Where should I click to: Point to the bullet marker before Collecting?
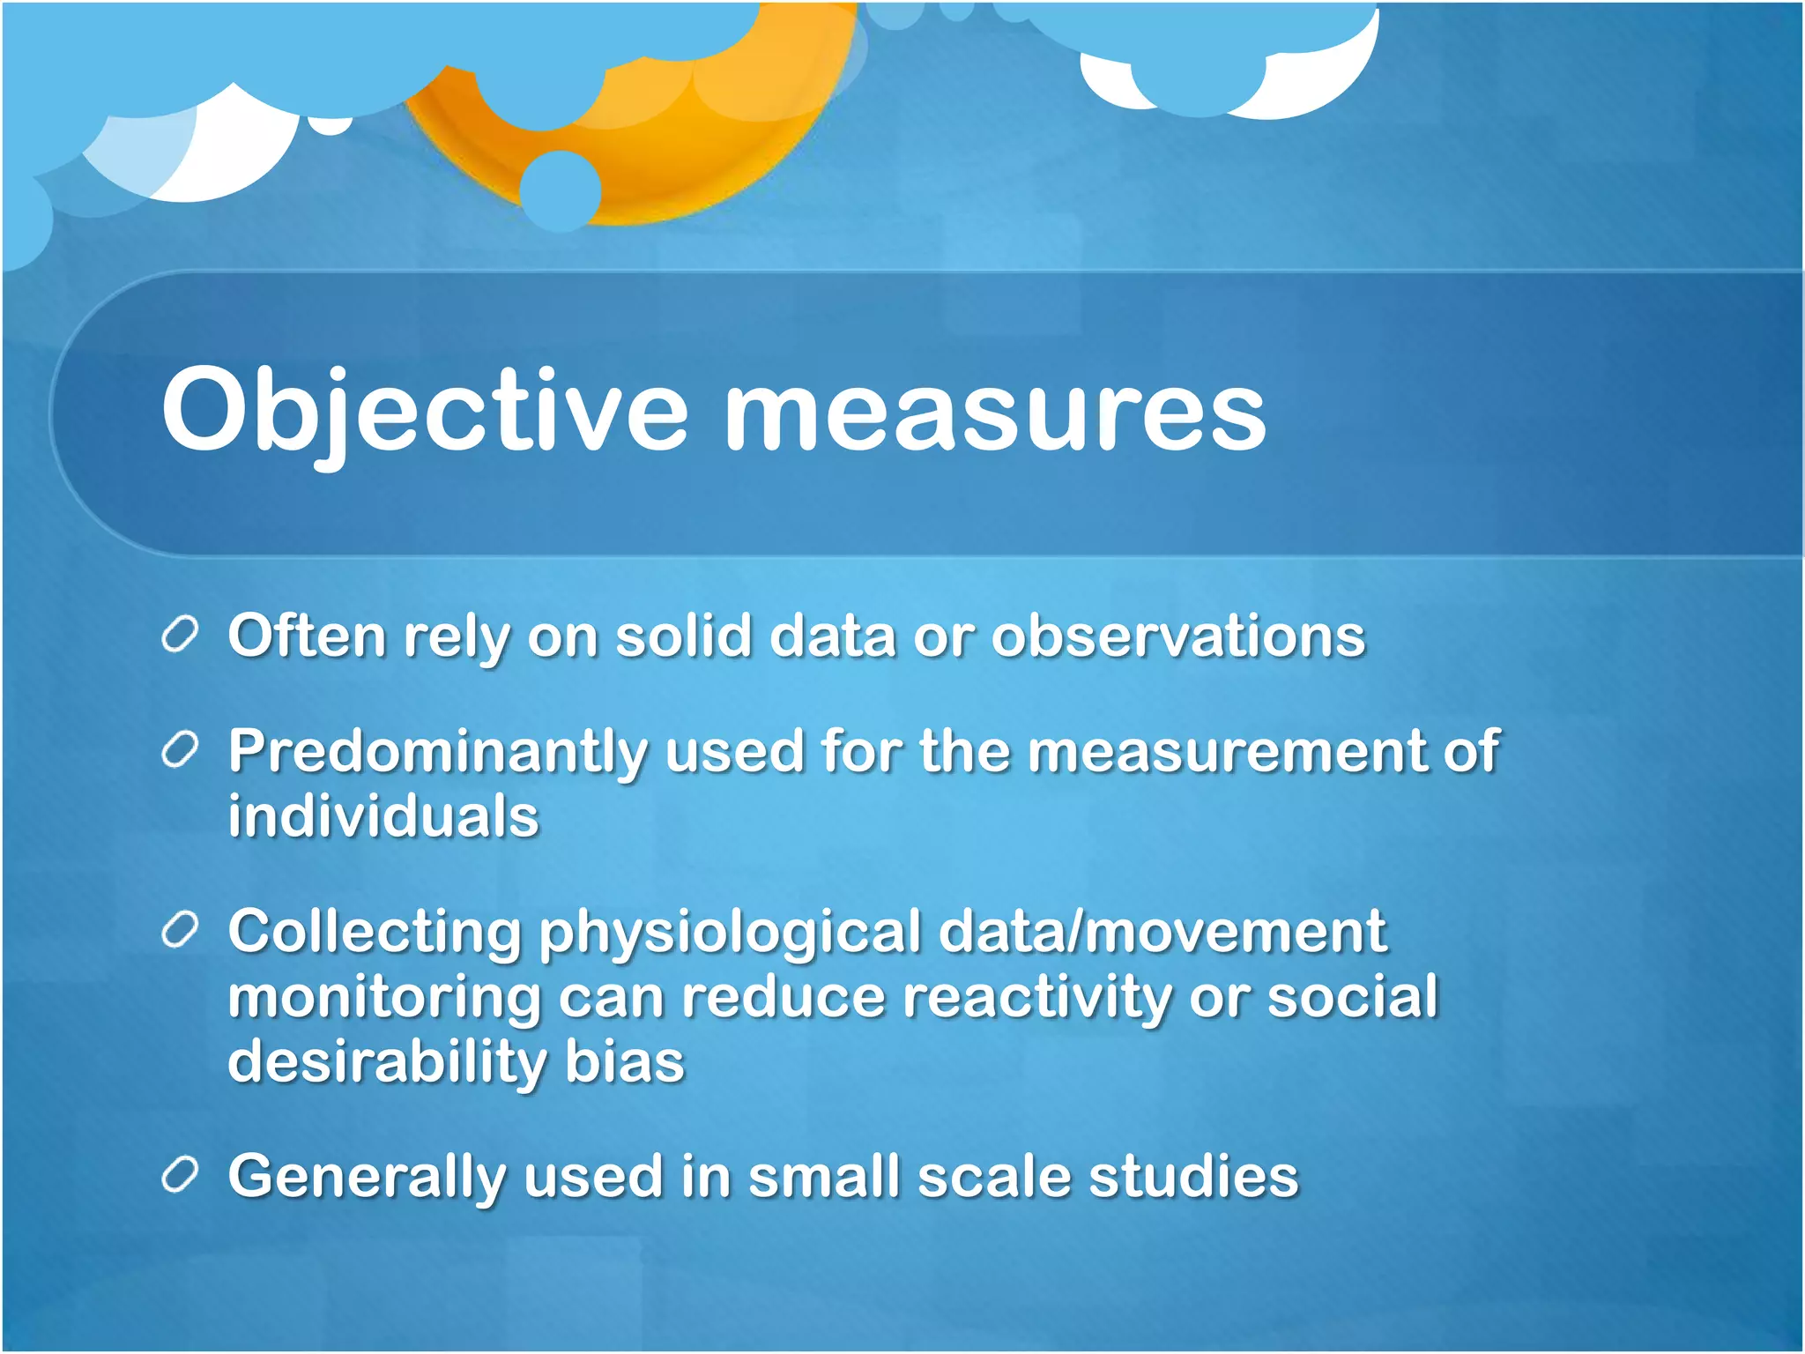tap(180, 932)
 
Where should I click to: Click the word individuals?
tap(383, 816)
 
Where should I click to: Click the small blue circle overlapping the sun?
tap(561, 191)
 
